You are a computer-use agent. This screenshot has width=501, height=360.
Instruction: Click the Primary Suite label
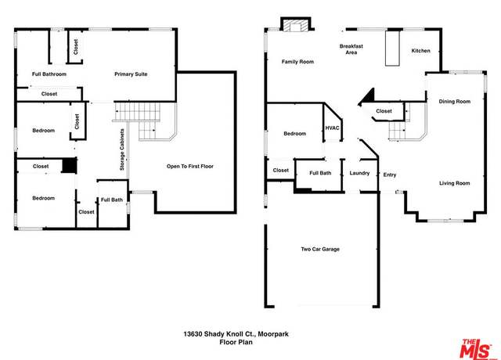coord(131,74)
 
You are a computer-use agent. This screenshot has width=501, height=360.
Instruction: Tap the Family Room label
coord(297,62)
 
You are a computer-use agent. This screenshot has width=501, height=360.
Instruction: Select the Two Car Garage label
coord(320,249)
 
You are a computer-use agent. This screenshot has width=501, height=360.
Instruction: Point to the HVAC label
coord(332,128)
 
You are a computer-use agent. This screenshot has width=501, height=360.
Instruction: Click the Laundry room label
coord(359,173)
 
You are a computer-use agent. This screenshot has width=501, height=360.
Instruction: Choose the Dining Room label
coord(454,102)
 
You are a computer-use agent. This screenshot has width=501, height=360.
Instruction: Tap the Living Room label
coord(454,183)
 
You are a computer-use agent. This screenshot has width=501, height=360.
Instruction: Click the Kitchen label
coord(420,51)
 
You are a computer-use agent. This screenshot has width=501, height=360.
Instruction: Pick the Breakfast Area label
coord(351,49)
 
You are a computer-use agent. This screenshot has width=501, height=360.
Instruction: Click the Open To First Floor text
coord(189,167)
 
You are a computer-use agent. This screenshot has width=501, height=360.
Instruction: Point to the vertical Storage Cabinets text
coord(122,149)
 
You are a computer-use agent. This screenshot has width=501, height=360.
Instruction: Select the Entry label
coord(390,175)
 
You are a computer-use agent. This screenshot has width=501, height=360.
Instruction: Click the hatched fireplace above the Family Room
coord(296,26)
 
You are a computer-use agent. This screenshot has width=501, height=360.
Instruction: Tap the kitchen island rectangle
coord(392,49)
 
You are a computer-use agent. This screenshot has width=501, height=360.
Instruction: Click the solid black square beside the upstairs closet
coord(69,166)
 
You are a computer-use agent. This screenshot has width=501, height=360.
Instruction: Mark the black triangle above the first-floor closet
coord(369,97)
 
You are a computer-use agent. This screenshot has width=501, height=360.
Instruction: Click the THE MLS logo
coord(476,348)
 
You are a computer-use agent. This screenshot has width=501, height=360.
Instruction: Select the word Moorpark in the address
coord(273,334)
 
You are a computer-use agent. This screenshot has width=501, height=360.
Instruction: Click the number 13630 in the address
coord(193,334)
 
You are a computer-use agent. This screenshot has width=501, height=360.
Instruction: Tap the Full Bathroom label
coord(49,74)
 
